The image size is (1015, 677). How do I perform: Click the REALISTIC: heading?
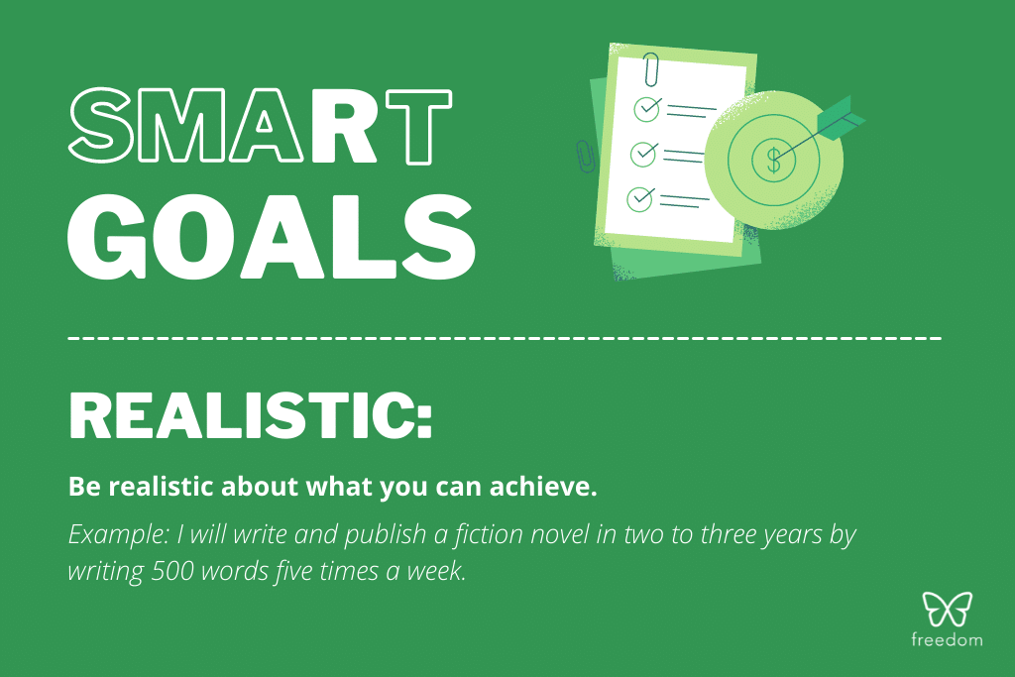(x=251, y=416)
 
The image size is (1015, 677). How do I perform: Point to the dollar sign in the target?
(x=772, y=157)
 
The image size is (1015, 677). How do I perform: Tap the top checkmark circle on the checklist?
(x=647, y=106)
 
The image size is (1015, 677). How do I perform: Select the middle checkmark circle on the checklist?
(x=644, y=154)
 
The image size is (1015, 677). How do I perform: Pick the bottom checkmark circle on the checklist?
(x=641, y=199)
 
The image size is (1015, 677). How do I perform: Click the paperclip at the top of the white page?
(x=651, y=68)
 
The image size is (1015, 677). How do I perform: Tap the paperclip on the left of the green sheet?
(x=583, y=156)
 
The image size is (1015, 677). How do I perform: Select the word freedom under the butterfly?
(x=947, y=640)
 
